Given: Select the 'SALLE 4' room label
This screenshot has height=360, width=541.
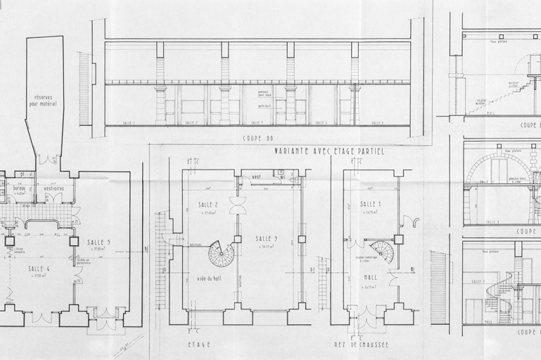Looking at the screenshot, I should [38, 269].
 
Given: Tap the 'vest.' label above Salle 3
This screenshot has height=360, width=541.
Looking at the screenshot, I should [257, 177].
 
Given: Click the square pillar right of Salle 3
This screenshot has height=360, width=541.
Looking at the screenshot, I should [301, 238].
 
